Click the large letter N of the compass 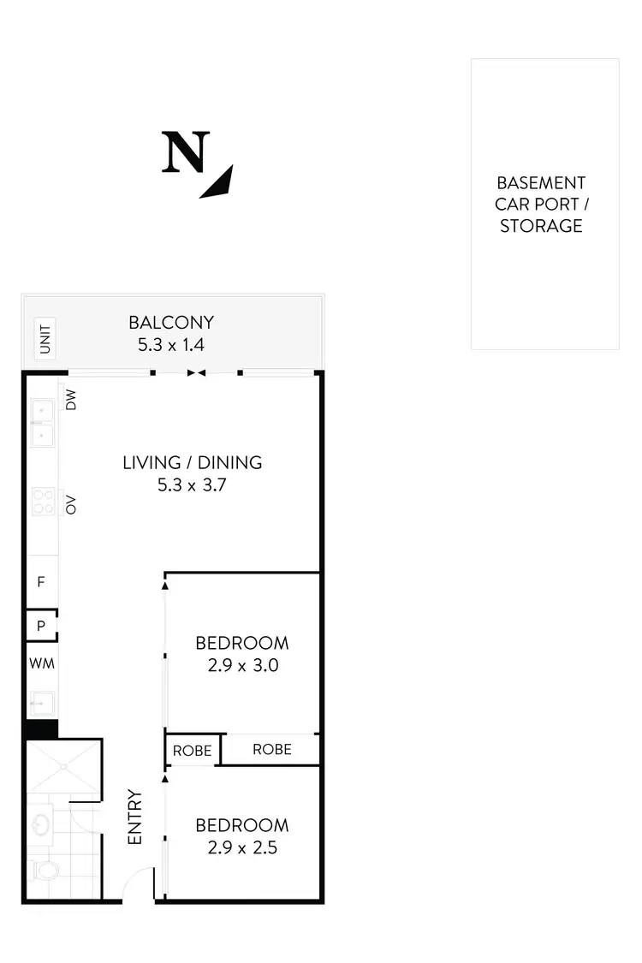click(186, 153)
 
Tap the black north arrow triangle click(219, 182)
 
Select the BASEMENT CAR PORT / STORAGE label click(541, 205)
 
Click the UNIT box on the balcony click(45, 336)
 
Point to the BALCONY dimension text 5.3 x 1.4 click(171, 345)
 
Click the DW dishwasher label click(71, 399)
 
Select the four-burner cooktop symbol click(43, 500)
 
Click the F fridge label click(40, 582)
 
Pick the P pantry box click(40, 626)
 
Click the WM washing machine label click(41, 663)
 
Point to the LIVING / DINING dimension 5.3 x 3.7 click(192, 485)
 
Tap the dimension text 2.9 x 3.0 click(243, 664)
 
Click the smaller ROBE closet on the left click(192, 751)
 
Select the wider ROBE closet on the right click(271, 749)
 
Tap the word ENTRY click(135, 817)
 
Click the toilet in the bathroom click(45, 871)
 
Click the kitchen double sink click(41, 425)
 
